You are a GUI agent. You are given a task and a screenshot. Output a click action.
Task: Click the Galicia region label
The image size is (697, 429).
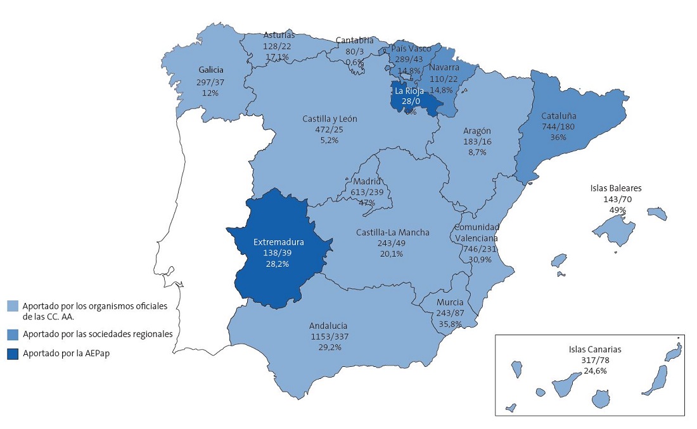pos(210,70)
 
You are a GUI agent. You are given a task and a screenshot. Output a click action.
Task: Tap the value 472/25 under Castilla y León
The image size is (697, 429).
pos(321,129)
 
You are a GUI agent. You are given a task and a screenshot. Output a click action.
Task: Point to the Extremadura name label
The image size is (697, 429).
pos(278,241)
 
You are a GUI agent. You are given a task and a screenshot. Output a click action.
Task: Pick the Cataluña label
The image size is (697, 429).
pos(558,117)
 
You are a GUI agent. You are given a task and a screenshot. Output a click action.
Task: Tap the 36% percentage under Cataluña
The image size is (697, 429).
pos(558,137)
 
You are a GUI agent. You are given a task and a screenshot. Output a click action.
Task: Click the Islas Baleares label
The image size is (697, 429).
pos(616,188)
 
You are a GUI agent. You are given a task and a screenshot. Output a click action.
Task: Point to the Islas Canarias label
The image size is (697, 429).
pos(595,349)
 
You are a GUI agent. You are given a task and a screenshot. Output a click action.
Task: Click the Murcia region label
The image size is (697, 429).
pos(449,302)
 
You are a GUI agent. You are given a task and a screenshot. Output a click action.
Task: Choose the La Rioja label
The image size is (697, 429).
pos(409,91)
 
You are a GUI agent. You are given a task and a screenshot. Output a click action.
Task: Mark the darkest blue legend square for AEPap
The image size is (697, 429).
pos(12,354)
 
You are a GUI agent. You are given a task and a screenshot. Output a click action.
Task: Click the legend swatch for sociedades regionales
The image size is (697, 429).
pos(12,333)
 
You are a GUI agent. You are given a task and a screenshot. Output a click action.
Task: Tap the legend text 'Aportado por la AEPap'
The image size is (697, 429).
pos(63,354)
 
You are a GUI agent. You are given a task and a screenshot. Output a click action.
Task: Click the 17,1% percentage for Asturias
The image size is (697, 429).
pos(277,57)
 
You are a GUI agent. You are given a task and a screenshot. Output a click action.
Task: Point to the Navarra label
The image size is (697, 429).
pos(444,68)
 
